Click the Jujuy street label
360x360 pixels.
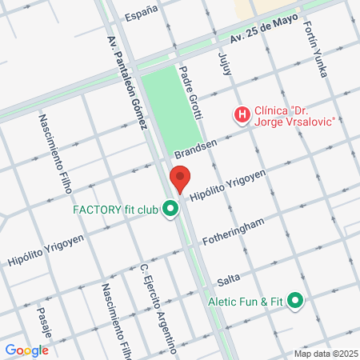[x=225, y=65]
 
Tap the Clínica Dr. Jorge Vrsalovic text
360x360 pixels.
[x=294, y=116]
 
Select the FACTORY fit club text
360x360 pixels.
[x=115, y=210]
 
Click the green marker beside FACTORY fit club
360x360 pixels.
[x=170, y=210]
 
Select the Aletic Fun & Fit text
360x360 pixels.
[x=246, y=301]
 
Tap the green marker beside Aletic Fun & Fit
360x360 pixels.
[x=295, y=301]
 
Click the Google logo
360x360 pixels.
[x=26, y=350]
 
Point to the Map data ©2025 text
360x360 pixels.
[x=325, y=354]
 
